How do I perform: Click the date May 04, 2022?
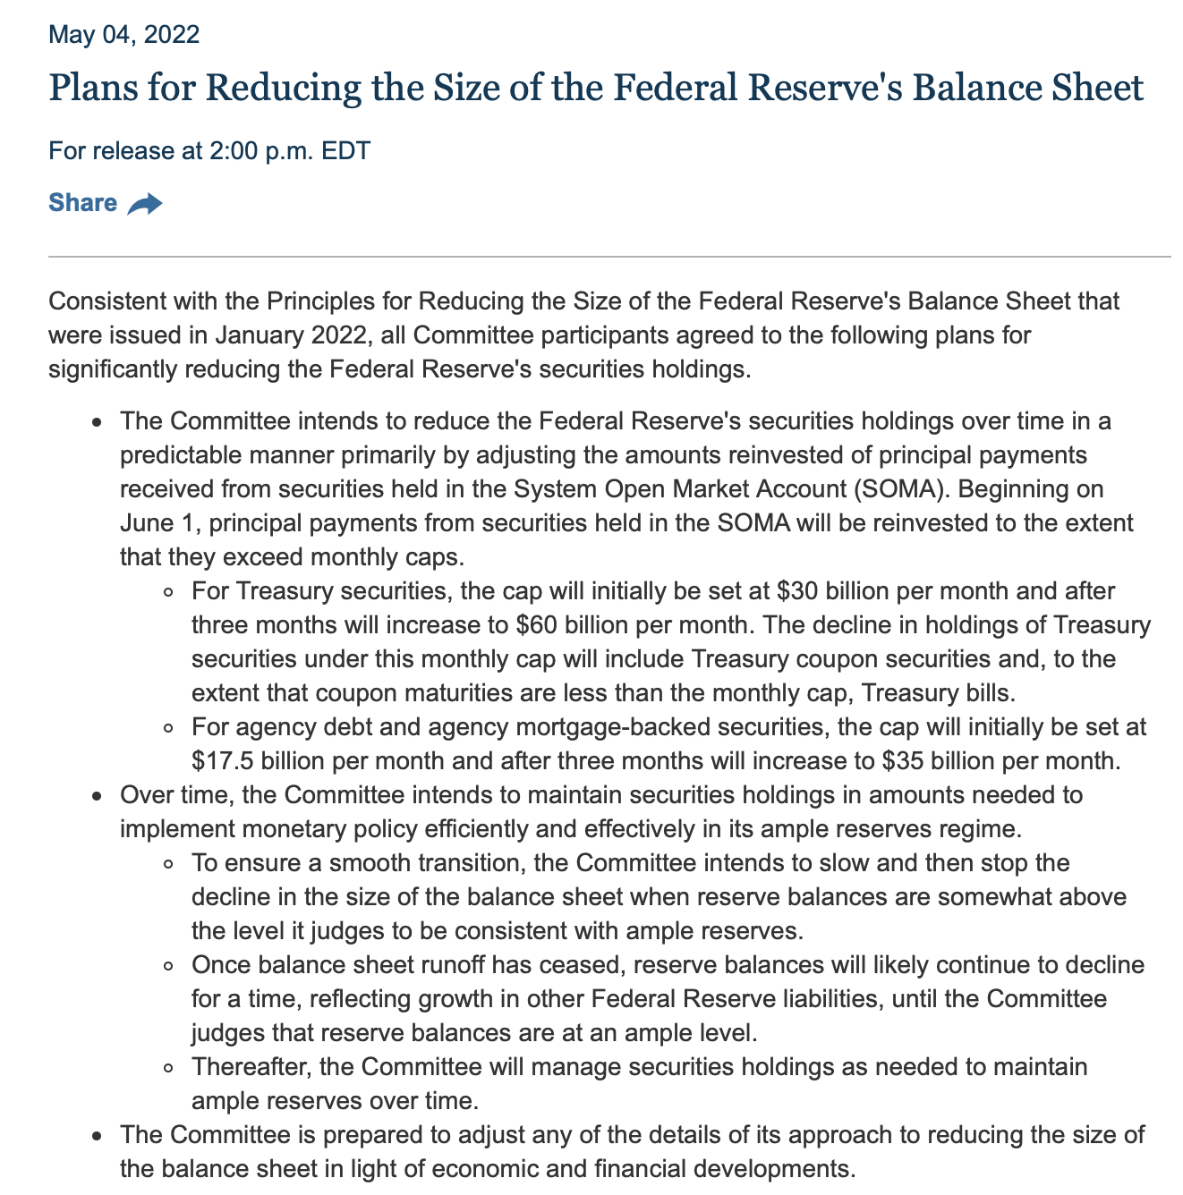[x=123, y=35]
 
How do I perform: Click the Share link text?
[x=82, y=203]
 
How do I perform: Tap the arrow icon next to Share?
[x=145, y=205]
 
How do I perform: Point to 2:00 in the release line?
[x=231, y=150]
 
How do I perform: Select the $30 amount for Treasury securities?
[x=795, y=591]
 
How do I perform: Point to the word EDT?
[x=345, y=150]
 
